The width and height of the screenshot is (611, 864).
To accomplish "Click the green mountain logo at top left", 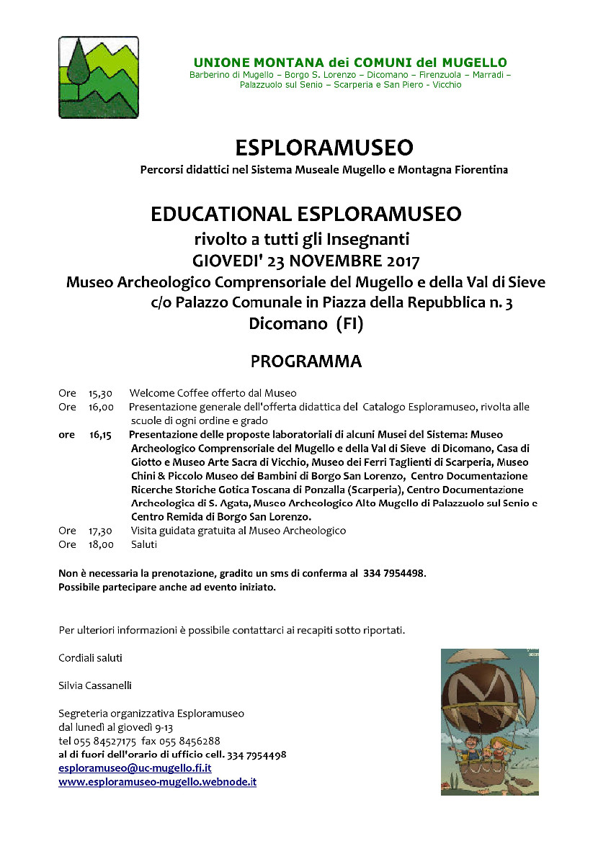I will [x=99, y=77].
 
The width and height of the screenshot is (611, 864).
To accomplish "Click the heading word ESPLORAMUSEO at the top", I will [x=324, y=148].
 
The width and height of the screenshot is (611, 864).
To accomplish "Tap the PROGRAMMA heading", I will [x=305, y=361].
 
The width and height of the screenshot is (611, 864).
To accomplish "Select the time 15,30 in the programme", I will [x=101, y=394].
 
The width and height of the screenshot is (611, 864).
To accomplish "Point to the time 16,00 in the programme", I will [x=101, y=408].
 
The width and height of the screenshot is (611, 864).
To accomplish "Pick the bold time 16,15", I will [x=101, y=435].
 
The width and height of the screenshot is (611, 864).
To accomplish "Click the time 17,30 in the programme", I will [x=101, y=531].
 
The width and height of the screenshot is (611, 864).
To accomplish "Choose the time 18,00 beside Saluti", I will [x=101, y=544].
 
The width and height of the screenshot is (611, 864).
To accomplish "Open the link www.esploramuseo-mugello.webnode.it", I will [x=158, y=781].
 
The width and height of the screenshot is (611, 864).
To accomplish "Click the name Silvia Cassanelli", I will [x=95, y=685].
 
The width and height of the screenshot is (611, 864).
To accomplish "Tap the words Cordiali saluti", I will [x=90, y=658].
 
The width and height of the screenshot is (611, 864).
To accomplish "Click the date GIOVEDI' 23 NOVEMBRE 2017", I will [x=306, y=260].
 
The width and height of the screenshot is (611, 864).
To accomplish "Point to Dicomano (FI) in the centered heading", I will [x=306, y=324].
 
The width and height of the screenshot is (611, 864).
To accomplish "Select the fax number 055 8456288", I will [x=192, y=741].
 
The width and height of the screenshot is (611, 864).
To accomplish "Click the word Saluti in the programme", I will [x=144, y=544].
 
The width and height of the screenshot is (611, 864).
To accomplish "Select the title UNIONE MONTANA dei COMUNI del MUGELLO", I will [x=350, y=63].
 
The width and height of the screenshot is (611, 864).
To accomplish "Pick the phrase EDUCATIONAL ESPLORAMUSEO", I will [x=305, y=214].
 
